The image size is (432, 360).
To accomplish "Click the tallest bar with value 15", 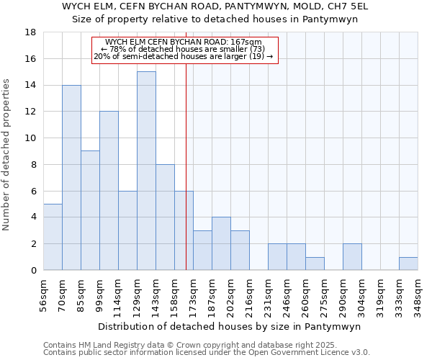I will coord(146,171).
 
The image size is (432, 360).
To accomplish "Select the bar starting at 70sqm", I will coord(71,177).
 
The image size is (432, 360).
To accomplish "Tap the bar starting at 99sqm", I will coord(109,191).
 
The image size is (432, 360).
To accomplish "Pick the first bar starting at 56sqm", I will coord(53,237).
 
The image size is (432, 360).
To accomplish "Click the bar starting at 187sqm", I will coord(221,243).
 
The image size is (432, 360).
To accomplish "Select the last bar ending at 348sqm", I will coord(408,264).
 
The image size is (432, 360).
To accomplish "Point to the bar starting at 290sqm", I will coord(352,257).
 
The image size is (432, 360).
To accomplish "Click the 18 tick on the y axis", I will coord(30,32).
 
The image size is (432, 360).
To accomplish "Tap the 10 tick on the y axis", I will coord(30,138).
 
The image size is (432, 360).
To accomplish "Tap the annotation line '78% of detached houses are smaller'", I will coord(186,49).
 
